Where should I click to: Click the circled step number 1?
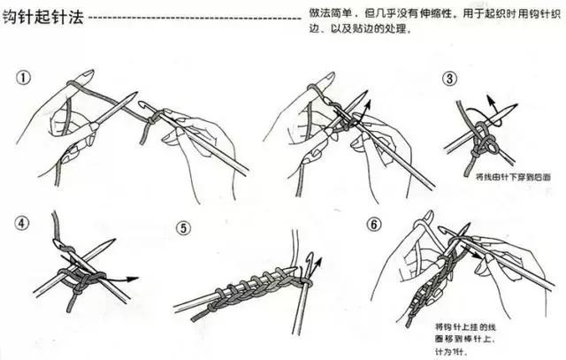(x=24, y=78)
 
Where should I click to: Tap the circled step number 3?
(x=450, y=80)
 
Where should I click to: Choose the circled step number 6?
(x=375, y=225)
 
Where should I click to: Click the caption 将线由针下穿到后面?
(x=513, y=177)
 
